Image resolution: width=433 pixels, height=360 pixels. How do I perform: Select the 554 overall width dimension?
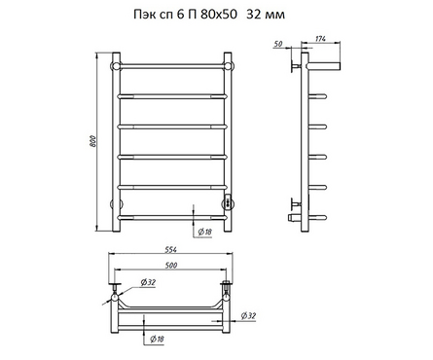point(170,250)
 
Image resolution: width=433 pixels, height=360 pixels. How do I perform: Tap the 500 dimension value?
point(171,265)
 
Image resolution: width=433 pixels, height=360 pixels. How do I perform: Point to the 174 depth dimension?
point(320,39)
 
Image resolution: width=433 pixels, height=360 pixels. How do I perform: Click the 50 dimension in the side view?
point(278,44)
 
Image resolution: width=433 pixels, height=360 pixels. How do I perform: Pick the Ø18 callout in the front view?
point(205,232)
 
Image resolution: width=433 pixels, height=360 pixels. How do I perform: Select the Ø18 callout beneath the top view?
point(157,339)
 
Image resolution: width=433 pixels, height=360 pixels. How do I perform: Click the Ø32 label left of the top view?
point(148,282)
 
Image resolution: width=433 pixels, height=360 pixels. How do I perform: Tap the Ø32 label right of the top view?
point(248,315)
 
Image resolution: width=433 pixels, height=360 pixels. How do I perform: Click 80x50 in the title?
point(219,15)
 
